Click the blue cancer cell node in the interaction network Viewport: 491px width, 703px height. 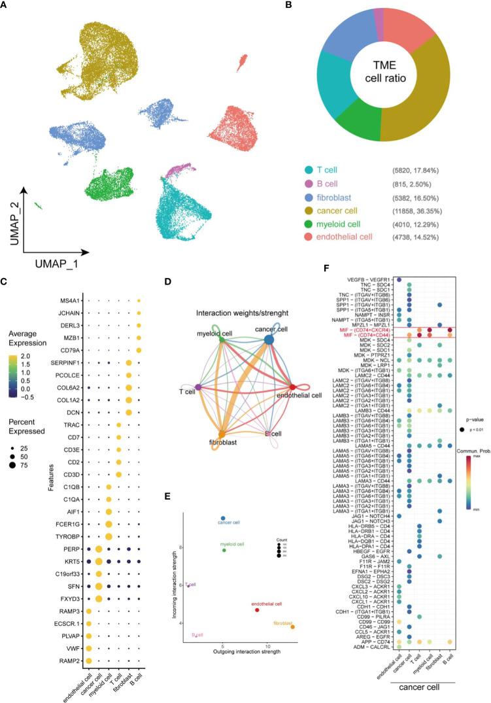pyautogui.click(x=269, y=339)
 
